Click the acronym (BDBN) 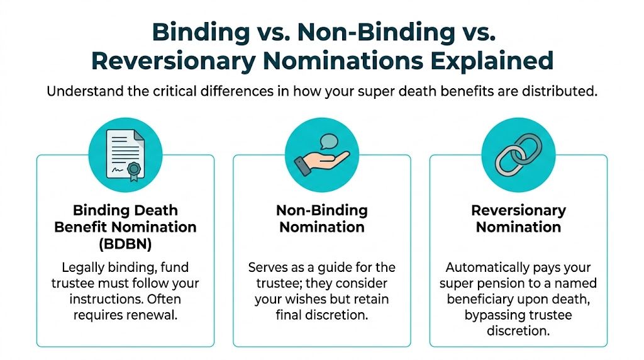click(x=125, y=242)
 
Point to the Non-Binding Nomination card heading click(x=321, y=218)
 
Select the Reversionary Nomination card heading click(x=518, y=218)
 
